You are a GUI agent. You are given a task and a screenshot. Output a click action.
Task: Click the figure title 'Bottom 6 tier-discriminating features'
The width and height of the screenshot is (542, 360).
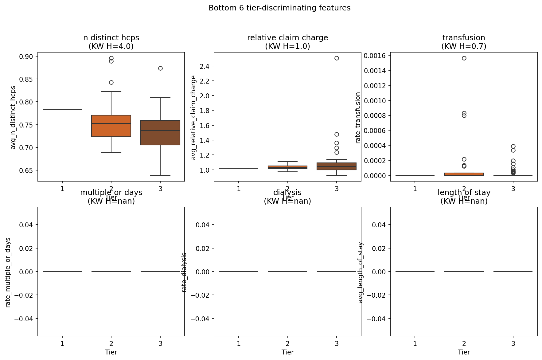(x=279, y=8)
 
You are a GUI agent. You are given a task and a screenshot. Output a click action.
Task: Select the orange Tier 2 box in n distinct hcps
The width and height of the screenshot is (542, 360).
(x=111, y=126)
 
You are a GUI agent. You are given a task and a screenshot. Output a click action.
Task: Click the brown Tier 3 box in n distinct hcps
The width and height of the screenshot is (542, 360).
(x=160, y=133)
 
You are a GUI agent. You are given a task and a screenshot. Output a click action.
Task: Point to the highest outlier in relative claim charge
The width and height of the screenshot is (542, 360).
(x=337, y=58)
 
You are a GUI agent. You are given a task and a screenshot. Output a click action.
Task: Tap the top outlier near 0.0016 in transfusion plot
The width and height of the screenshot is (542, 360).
(x=464, y=58)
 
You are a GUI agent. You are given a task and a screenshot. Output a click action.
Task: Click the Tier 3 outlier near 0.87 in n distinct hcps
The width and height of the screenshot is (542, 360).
(x=160, y=68)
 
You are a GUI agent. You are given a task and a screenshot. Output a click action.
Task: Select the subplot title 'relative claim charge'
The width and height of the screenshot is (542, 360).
(x=287, y=38)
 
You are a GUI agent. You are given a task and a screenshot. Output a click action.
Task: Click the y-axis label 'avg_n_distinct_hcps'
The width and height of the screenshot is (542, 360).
(x=13, y=118)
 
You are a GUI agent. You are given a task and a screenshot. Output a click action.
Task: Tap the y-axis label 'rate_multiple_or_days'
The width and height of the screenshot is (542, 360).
(x=8, y=272)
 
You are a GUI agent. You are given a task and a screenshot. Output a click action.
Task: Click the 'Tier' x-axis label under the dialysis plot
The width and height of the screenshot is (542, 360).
(x=287, y=352)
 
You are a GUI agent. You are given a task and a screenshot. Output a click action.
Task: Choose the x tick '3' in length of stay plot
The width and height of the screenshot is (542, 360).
(x=513, y=343)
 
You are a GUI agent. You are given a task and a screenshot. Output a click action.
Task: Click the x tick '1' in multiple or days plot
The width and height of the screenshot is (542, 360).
(x=62, y=343)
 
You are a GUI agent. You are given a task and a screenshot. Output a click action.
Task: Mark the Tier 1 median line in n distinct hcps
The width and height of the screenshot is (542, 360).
(x=62, y=110)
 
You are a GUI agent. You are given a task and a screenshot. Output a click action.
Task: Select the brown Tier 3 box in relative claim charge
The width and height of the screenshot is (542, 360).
(x=337, y=166)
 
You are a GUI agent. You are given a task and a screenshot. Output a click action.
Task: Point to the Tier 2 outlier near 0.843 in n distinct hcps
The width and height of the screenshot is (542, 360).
(x=111, y=82)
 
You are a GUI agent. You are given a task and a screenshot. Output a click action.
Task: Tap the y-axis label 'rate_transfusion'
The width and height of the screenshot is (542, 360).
(x=358, y=118)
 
